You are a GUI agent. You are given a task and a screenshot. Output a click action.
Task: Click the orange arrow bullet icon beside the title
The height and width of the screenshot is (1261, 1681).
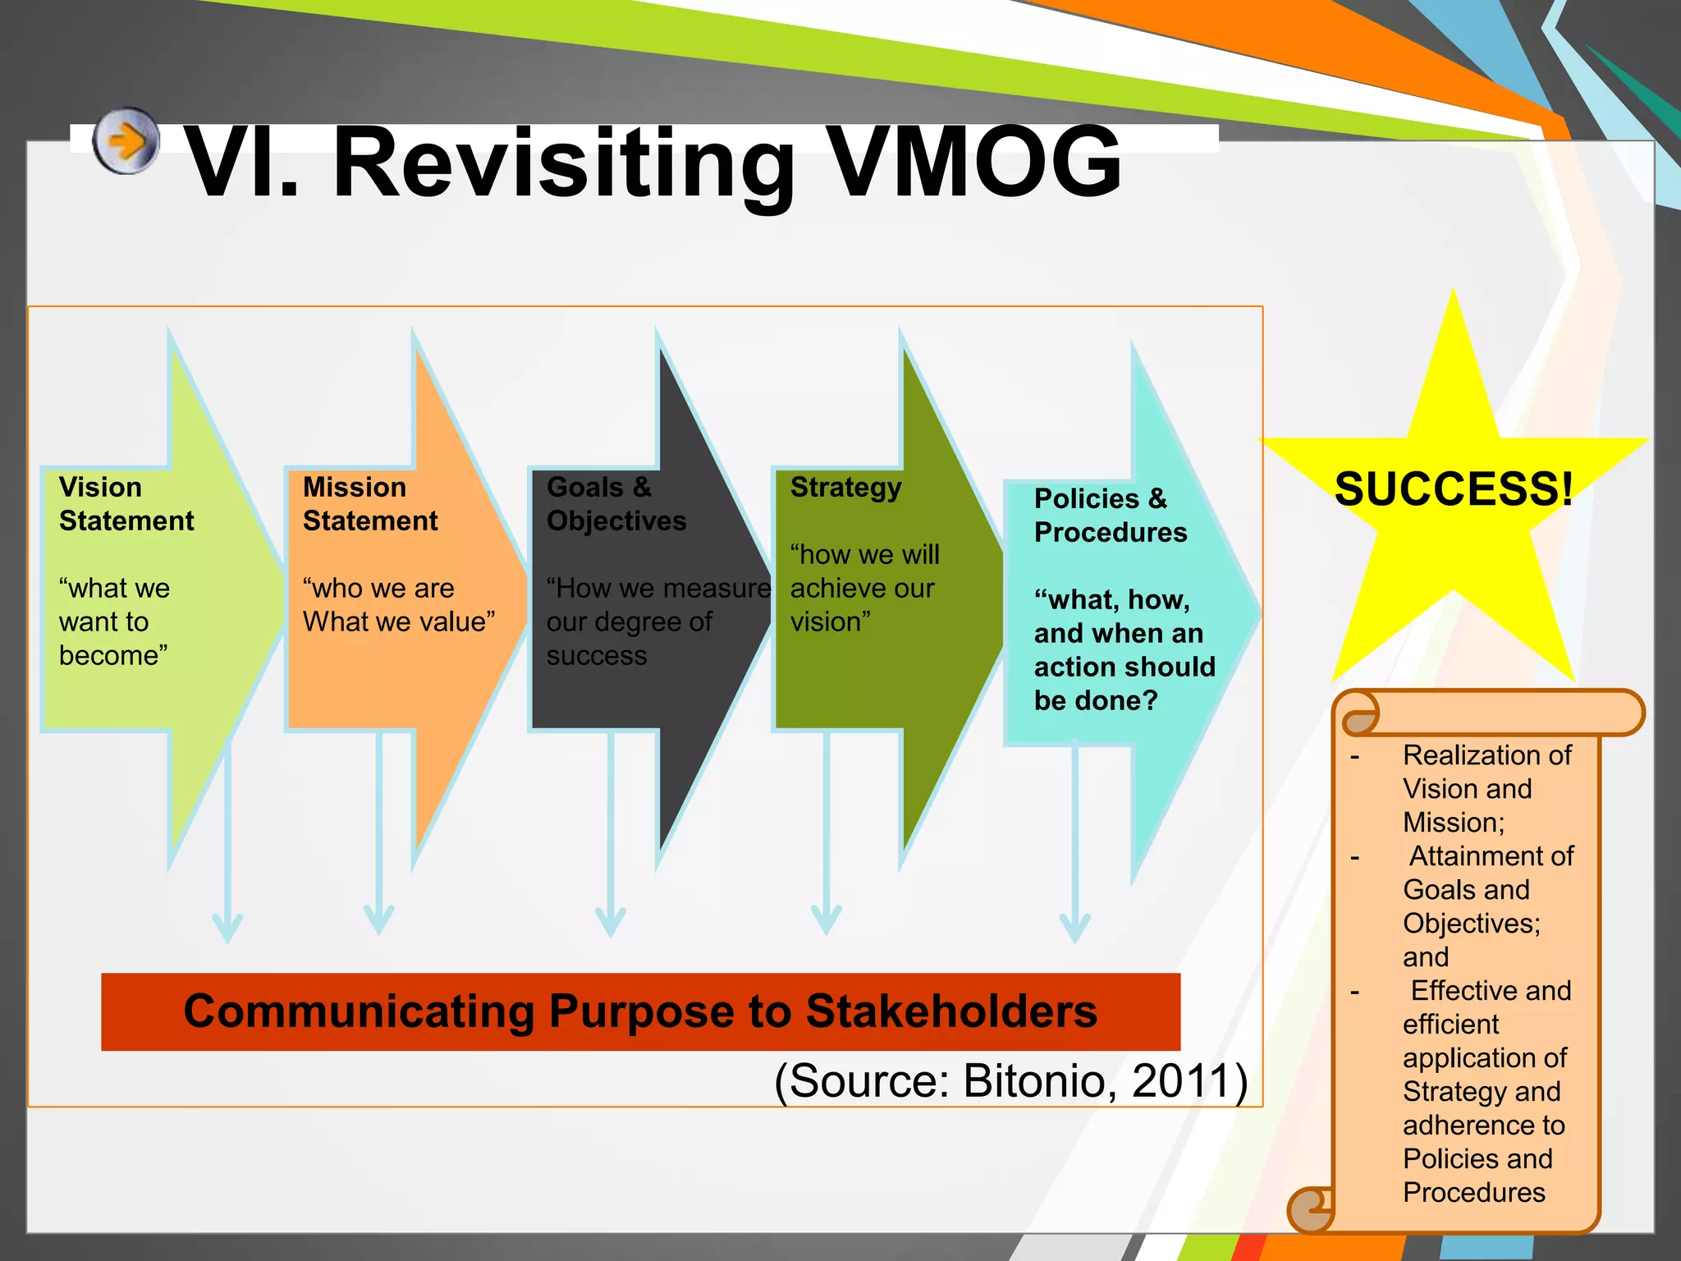point(126,140)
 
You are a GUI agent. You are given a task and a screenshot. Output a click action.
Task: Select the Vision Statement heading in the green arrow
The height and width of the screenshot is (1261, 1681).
point(126,503)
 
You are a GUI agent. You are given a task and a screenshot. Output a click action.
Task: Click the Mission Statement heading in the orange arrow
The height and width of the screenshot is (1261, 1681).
point(369,503)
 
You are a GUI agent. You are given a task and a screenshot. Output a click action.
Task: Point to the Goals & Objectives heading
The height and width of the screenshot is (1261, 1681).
point(616,503)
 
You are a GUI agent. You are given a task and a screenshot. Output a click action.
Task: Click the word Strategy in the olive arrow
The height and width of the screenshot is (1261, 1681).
point(845,487)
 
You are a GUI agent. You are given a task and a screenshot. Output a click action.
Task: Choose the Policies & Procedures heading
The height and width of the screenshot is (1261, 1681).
point(1110,515)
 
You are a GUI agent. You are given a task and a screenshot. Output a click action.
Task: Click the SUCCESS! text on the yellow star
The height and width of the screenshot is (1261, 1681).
point(1454,489)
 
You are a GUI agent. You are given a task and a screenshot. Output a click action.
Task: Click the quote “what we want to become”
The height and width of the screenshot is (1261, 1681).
point(114,621)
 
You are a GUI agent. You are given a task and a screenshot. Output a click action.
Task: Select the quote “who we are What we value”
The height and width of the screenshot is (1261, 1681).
point(398,605)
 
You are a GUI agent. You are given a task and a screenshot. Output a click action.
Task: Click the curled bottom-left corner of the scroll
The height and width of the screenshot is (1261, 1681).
point(1308,1208)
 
